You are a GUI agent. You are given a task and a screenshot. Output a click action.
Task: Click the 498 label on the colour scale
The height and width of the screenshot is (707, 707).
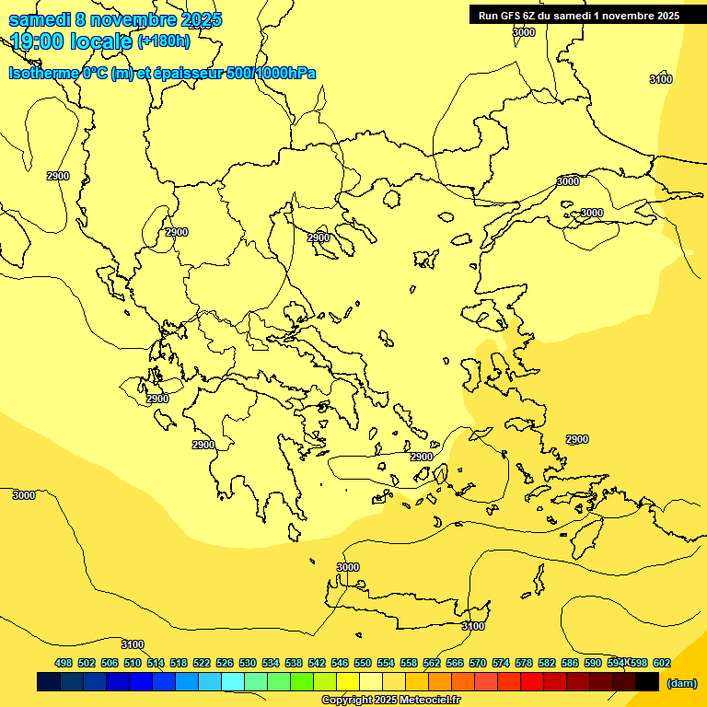pyautogui.click(x=64, y=663)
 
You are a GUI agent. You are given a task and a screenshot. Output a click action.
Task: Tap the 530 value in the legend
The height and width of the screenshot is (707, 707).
pyautogui.click(x=248, y=663)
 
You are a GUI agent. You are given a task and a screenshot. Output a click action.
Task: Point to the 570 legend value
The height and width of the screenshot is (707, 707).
pyautogui.click(x=478, y=663)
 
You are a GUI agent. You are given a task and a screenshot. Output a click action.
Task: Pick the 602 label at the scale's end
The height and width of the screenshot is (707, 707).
pyautogui.click(x=662, y=663)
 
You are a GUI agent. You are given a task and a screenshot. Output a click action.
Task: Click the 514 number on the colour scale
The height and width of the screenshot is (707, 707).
pyautogui.click(x=156, y=663)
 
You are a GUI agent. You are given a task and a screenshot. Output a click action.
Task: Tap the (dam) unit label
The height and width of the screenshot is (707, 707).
pyautogui.click(x=681, y=682)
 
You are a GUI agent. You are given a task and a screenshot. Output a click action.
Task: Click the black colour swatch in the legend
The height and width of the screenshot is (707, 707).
pyautogui.click(x=647, y=682)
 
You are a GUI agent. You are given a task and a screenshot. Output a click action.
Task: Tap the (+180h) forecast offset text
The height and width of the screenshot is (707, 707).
pyautogui.click(x=164, y=41)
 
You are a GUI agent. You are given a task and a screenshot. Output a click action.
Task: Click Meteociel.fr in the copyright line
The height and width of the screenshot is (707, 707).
pyautogui.click(x=424, y=701)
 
